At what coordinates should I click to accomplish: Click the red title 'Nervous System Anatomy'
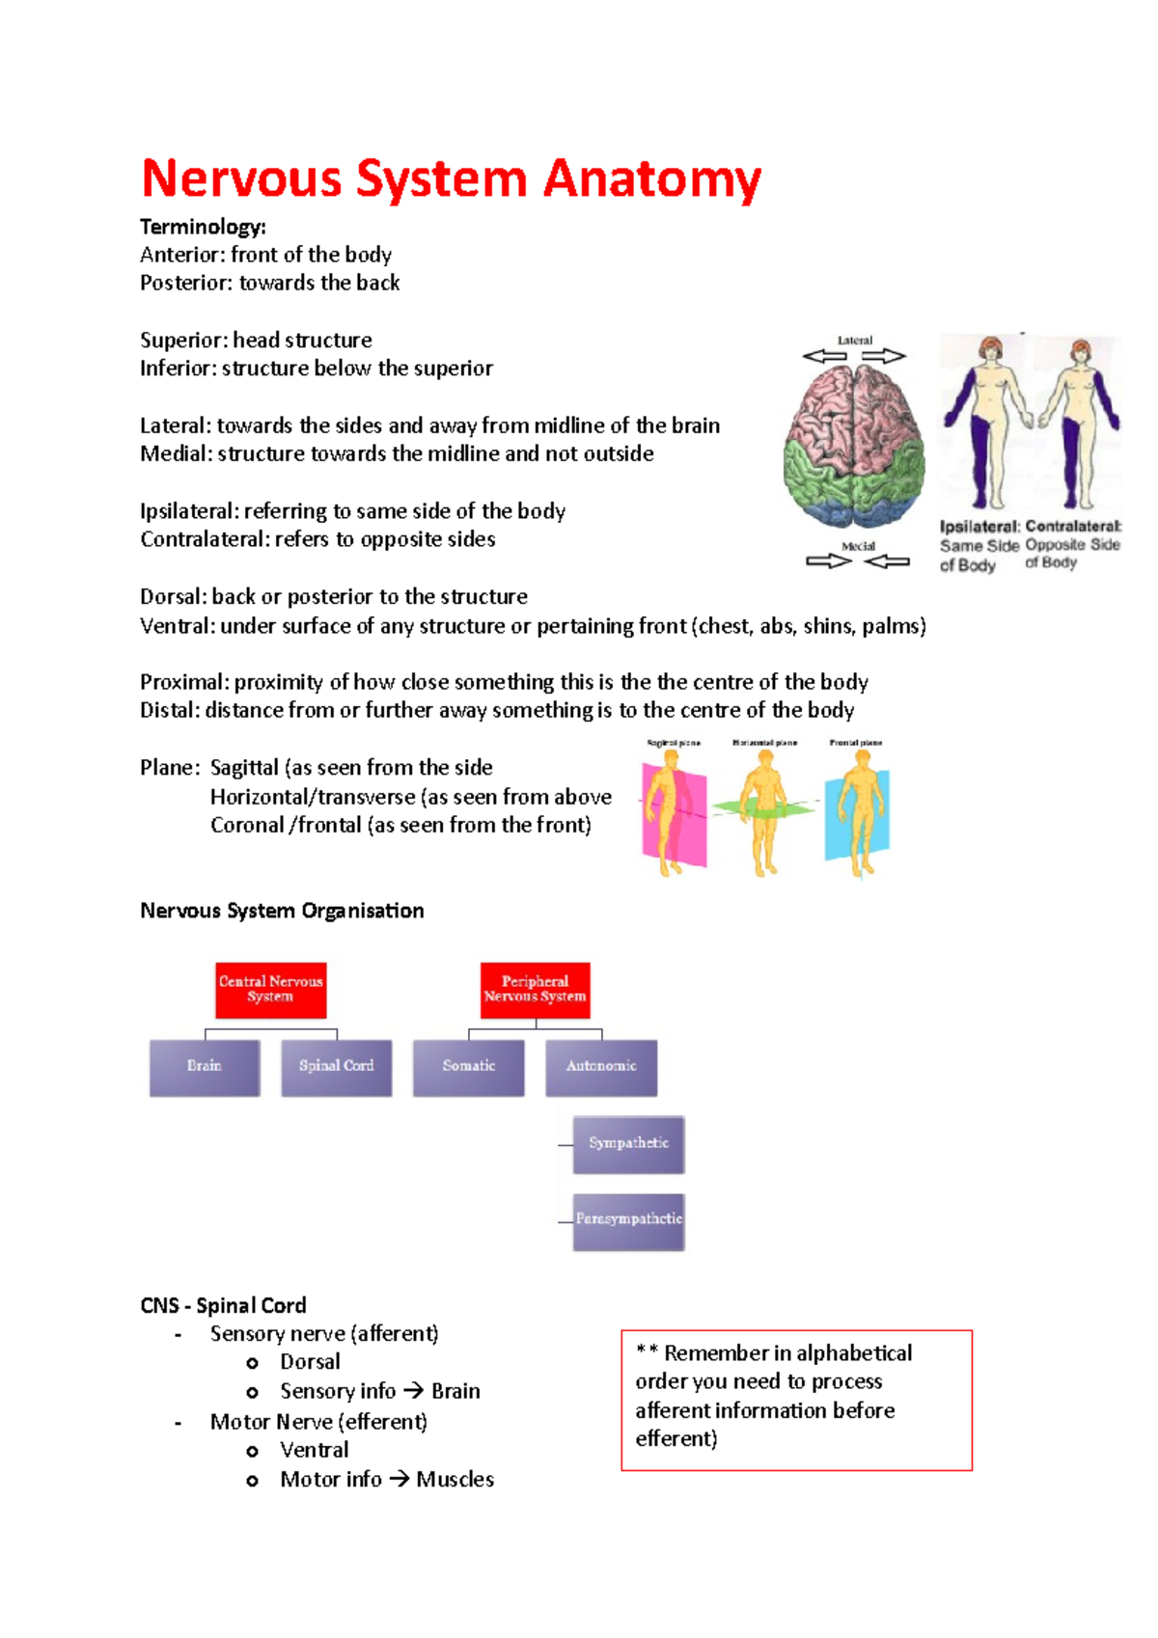[x=451, y=179]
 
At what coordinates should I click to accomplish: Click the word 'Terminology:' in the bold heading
[x=203, y=227]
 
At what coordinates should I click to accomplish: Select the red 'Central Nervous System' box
[x=270, y=990]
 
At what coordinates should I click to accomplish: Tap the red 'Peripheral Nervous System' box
[x=535, y=990]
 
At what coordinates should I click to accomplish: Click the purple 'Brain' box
[x=205, y=1067]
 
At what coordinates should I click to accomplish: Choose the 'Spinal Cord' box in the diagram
[x=336, y=1067]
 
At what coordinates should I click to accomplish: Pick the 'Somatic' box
[x=468, y=1067]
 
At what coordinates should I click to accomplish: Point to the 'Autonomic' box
[x=601, y=1067]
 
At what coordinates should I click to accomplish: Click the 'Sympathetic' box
[x=628, y=1144]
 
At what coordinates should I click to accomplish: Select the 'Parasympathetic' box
[x=628, y=1220]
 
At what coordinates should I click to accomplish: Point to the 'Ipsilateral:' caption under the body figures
[x=979, y=527]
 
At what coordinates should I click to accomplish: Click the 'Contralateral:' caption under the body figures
[x=1073, y=527]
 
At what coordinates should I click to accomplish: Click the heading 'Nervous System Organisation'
[x=282, y=911]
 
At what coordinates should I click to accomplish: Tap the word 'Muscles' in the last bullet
[x=455, y=1479]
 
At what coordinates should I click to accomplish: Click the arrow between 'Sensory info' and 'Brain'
[x=413, y=1391]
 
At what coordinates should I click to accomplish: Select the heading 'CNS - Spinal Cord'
[x=223, y=1305]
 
